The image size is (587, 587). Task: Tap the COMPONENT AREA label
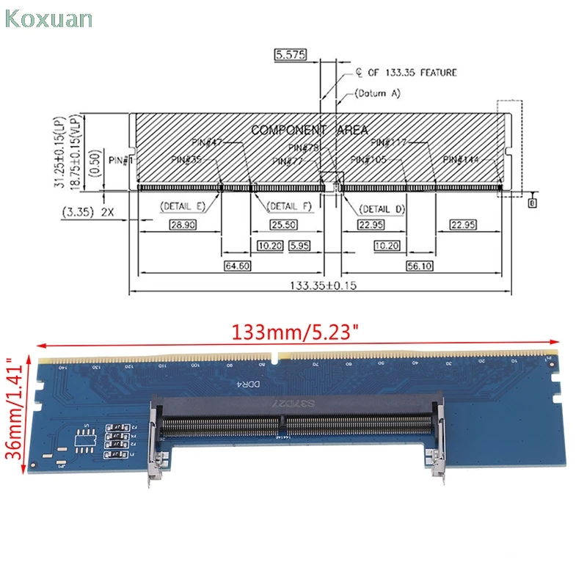pyautogui.click(x=309, y=130)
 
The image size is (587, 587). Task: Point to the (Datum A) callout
pyautogui.click(x=377, y=93)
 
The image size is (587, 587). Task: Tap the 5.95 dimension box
pyautogui.click(x=302, y=244)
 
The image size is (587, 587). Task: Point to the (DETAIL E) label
pyautogui.click(x=183, y=207)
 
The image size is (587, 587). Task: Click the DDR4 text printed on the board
pyautogui.click(x=252, y=384)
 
